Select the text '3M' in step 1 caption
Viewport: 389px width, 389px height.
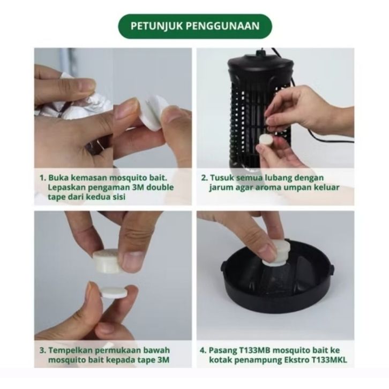[137, 187]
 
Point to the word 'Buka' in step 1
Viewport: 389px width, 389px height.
[58, 178]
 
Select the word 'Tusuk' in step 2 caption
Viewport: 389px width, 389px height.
[222, 178]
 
